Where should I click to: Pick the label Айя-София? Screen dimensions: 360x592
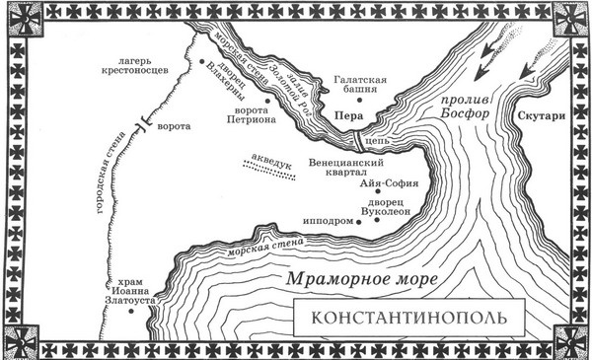[391, 183]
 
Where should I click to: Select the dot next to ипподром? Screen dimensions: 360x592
[359, 222]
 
